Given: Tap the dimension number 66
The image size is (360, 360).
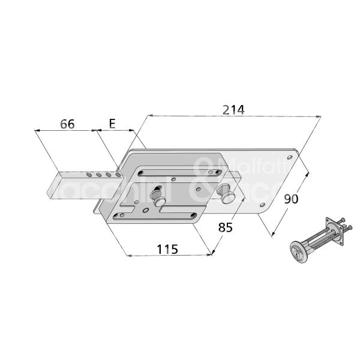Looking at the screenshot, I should tap(67, 124).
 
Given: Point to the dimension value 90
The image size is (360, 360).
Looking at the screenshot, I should tap(291, 199).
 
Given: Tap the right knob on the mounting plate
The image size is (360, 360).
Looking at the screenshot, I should tap(229, 197).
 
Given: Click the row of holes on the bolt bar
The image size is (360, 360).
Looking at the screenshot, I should tap(99, 175).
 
